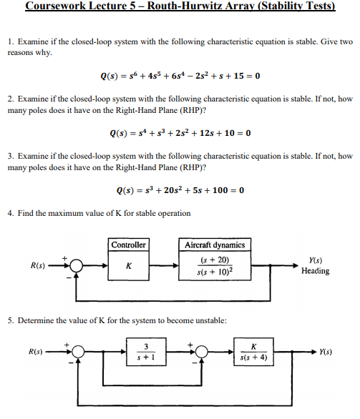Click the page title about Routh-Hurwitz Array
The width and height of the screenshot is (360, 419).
point(180,8)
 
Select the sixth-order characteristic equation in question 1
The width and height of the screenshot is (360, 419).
point(180,77)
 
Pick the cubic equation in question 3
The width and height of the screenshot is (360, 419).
point(180,190)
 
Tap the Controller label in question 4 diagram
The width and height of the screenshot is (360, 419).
point(129,245)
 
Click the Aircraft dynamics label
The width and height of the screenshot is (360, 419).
point(215,245)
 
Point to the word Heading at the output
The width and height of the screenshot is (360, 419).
point(316,271)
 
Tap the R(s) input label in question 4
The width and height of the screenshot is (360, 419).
point(38,265)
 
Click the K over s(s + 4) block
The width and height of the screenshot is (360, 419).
point(256,352)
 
